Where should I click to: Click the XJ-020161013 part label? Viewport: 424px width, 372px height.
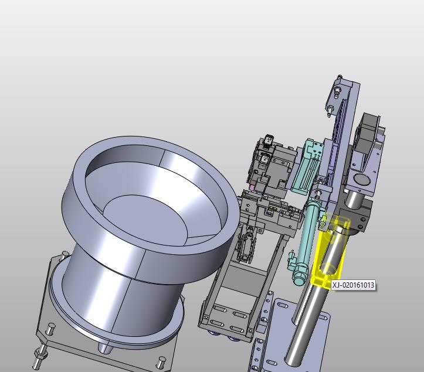pos(353,285)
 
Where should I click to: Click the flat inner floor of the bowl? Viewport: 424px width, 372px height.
pos(145,217)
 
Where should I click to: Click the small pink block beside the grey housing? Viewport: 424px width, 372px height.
pos(252,187)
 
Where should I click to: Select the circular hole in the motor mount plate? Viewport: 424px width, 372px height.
pos(362,179)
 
